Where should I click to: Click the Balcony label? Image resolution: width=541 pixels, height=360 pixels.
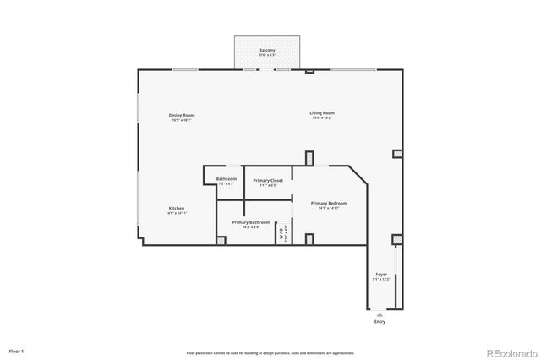(266, 51)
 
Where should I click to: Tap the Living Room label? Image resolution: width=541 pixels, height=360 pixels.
(322, 113)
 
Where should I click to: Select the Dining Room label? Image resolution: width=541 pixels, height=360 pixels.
(182, 115)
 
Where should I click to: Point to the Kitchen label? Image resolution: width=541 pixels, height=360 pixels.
(176, 208)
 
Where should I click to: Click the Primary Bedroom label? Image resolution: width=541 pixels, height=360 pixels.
(329, 203)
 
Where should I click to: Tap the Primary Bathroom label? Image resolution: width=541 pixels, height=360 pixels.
(251, 222)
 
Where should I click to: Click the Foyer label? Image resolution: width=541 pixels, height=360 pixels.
(381, 275)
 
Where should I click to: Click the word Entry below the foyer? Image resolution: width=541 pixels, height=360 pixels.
(380, 322)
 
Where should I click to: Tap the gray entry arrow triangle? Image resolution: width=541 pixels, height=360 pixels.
(380, 314)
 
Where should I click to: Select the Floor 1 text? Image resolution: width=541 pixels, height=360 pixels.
(17, 350)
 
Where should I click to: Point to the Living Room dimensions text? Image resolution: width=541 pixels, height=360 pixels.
(322, 118)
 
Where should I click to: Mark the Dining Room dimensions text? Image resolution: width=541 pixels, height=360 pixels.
(182, 120)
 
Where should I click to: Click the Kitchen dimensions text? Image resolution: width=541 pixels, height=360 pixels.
(176, 213)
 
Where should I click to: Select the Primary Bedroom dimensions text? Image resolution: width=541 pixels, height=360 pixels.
(329, 208)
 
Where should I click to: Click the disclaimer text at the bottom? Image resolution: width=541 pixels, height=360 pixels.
(270, 352)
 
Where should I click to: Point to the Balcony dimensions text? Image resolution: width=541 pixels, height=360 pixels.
(266, 56)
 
